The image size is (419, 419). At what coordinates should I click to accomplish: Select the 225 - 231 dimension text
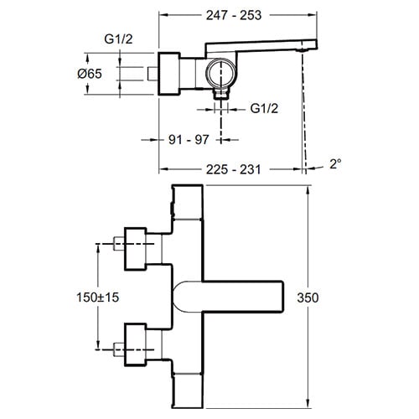pos(229,169)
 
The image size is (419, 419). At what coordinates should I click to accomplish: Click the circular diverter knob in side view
pos(221,74)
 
